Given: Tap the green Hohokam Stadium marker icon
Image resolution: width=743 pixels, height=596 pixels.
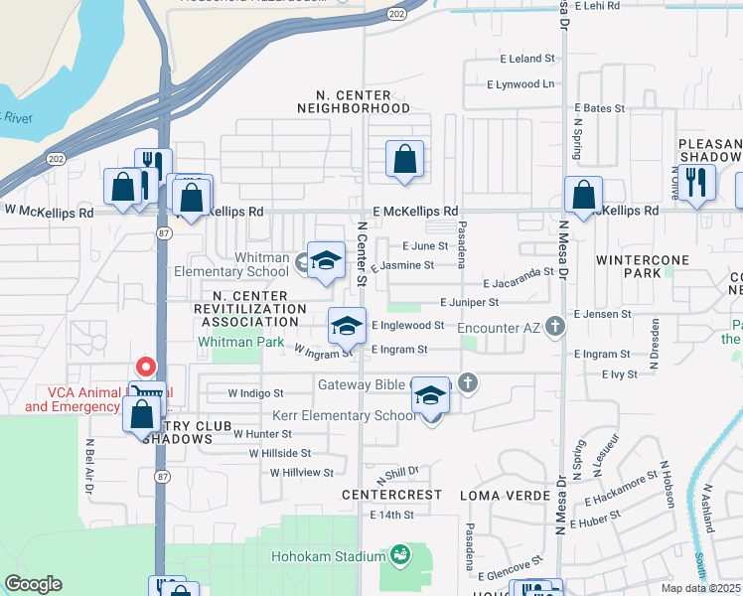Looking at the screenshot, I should pos(400,553).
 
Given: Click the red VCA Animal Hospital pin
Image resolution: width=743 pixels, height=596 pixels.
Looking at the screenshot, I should pos(145,368).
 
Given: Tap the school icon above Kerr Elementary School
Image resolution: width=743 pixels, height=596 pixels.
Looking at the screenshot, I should pos(430,395).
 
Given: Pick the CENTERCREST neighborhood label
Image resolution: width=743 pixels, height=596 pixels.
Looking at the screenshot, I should pos(391,494).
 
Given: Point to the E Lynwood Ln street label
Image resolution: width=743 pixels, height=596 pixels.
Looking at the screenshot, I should pos(520,84).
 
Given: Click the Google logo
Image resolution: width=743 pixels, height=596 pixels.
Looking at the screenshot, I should pos(33,584).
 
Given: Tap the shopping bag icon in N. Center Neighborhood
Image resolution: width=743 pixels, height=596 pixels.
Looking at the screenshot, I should pos(404,159).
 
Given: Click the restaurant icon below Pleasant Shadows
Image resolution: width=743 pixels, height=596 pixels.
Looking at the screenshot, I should pos(699,183).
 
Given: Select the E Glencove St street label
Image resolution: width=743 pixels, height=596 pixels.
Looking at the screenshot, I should pos(509,575).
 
